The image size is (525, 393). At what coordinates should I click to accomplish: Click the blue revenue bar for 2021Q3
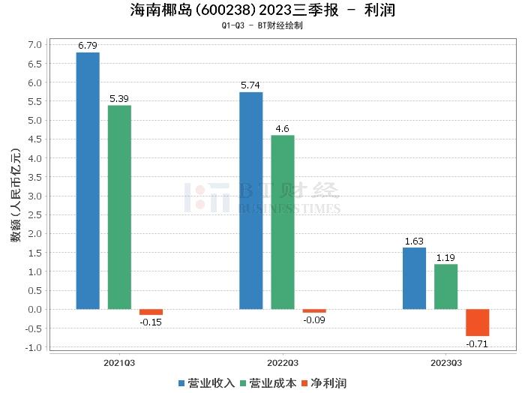88,181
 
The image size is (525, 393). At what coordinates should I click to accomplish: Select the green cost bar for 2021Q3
119,207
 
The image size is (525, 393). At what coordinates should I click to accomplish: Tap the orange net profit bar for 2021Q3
151,312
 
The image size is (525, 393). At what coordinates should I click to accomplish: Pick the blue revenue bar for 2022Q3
251,200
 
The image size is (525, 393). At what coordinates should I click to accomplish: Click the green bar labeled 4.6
283,222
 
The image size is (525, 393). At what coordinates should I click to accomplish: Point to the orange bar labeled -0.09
314,310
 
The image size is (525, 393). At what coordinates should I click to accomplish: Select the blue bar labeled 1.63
414,278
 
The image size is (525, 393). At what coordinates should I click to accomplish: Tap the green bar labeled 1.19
445,286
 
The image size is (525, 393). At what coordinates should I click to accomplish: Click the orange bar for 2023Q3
477,322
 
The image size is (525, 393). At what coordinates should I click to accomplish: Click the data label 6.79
88,46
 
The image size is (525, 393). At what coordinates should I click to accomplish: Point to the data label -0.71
477,343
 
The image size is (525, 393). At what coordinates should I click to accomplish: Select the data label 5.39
119,99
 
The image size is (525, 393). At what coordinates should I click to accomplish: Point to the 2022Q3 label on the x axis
283,362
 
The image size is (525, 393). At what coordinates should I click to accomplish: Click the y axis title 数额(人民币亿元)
15,196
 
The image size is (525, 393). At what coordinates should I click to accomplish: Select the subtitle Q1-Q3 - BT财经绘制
262,26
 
